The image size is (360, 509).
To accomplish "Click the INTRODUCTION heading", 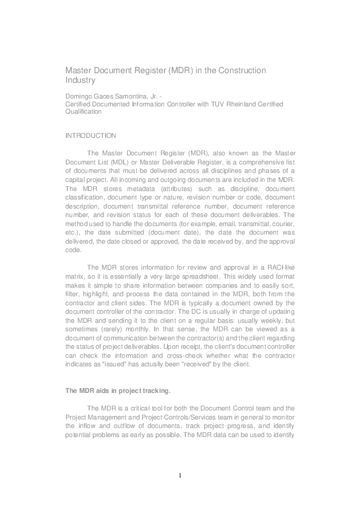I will point(91,135).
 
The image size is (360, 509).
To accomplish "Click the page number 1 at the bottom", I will point(180,475).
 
